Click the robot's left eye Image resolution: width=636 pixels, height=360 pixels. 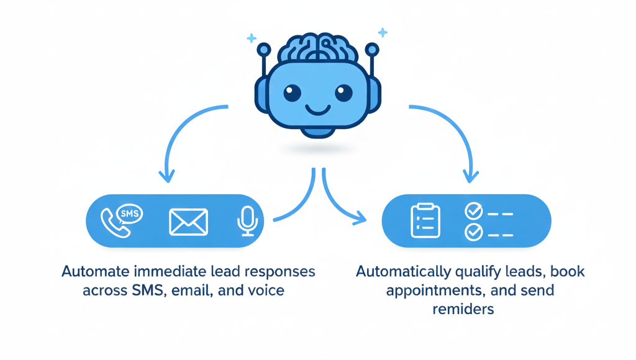click(293, 93)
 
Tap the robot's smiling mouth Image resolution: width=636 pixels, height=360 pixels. click(317, 111)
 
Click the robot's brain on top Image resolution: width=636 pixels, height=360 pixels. click(317, 48)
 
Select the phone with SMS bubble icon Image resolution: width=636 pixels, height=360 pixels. click(121, 221)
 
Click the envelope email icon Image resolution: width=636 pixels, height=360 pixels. click(188, 222)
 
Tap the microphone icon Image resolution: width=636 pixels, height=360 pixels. click(248, 221)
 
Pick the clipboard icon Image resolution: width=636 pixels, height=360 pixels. click(425, 221)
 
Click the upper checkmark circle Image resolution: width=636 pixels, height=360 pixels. click(474, 212)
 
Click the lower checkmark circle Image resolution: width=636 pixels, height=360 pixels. click(474, 233)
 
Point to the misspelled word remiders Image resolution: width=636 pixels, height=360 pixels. click(463, 308)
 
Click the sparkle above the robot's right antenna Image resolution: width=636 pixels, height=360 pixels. click(383, 32)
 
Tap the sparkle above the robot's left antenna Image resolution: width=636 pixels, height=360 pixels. click(252, 38)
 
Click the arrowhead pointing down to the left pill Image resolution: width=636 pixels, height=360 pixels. click(166, 178)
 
